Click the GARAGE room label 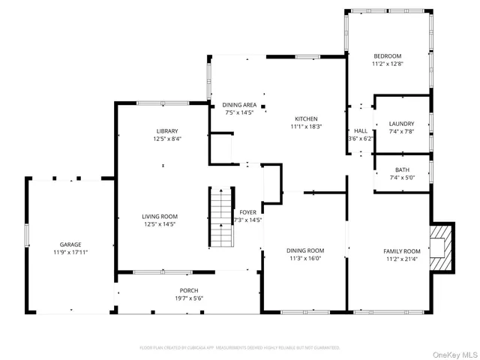(70, 244)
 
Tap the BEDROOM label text (388, 56)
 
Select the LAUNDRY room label (401, 124)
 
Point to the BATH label (402, 169)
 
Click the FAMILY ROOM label (402, 251)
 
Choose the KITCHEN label (306, 119)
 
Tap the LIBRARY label (167, 131)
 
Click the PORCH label (188, 291)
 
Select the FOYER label (247, 212)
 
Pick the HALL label (361, 130)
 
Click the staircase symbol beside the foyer (220, 217)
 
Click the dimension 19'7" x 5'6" (188, 298)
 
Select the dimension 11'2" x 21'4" (402, 259)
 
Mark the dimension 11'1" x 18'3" (306, 127)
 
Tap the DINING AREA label (239, 105)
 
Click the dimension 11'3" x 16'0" (305, 259)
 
